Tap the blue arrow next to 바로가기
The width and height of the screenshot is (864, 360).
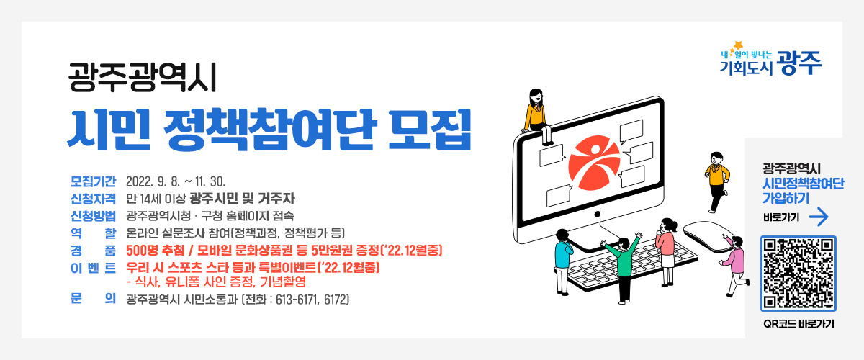pos(819,217)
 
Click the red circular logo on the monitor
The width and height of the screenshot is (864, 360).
pos(593,160)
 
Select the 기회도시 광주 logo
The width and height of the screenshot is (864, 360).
pos(771,59)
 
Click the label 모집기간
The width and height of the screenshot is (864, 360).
pos(93,180)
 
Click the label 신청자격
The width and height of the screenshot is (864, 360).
pos(93,198)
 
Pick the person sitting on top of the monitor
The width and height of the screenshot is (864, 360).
pos(536,115)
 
